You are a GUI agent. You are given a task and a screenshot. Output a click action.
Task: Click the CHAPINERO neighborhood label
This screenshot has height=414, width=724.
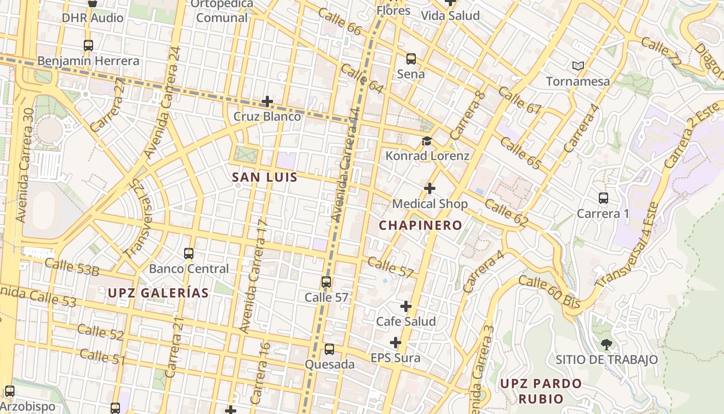[420, 225]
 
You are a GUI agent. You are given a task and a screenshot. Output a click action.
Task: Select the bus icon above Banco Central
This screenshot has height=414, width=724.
[189, 254]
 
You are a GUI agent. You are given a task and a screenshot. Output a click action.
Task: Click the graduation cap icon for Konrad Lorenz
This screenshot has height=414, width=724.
[427, 141]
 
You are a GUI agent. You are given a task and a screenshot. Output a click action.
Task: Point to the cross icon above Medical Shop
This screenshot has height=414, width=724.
[429, 188]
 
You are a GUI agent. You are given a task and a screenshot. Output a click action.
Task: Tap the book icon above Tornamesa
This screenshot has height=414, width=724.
[578, 66]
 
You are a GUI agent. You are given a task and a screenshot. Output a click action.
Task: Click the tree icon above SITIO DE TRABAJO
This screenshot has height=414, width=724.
[606, 344]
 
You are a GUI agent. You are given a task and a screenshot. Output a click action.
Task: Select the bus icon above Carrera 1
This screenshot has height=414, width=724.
[603, 198]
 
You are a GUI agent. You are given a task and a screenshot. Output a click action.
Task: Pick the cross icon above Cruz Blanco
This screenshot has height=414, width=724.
[267, 101]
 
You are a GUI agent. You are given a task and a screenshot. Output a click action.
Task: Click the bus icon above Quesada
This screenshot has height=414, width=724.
[329, 349]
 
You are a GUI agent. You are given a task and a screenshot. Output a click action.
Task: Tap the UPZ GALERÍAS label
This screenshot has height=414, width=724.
[158, 293]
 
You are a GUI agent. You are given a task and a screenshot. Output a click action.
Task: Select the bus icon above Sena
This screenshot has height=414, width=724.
[411, 59]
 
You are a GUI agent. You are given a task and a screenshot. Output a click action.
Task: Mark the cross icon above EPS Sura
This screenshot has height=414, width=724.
[396, 343]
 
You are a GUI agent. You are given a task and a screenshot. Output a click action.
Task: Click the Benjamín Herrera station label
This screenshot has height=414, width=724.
[88, 61]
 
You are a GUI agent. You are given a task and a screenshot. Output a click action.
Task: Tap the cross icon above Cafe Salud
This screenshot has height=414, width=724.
[406, 306]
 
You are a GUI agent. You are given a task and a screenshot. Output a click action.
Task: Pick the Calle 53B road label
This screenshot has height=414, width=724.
[71, 267]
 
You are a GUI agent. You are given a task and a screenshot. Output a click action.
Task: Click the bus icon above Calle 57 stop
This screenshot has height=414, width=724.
[326, 282]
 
